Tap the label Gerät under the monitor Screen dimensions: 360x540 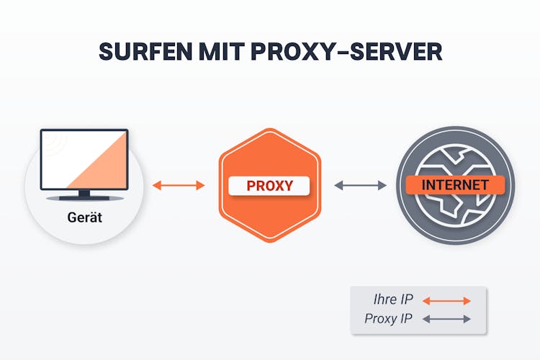(x=84, y=216)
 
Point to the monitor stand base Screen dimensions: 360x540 (x=84, y=198)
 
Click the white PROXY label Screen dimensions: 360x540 (x=269, y=186)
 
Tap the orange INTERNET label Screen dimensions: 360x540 (x=455, y=185)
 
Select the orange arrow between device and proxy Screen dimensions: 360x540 (x=179, y=186)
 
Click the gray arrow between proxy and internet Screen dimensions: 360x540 (x=361, y=186)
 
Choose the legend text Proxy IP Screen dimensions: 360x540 (x=389, y=319)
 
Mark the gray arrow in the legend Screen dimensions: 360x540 (x=446, y=319)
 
